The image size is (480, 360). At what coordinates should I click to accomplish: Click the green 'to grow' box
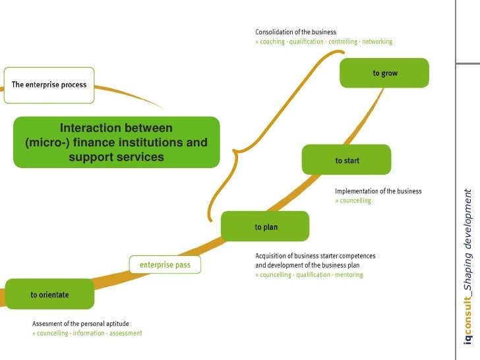pos(384,73)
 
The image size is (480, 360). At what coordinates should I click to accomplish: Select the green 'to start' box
pos(346,160)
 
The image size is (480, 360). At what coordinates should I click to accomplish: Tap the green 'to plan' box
pos(265,227)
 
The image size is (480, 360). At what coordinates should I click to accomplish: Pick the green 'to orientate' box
pos(49,295)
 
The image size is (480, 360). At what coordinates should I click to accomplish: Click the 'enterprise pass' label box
pos(164,265)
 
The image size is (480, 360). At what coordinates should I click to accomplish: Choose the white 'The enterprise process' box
pos(49,85)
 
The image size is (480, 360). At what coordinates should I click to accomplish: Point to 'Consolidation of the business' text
pos(295,32)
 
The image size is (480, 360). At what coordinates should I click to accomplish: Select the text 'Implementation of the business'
pos(378,191)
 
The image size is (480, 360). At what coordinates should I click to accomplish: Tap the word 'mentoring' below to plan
pos(348,275)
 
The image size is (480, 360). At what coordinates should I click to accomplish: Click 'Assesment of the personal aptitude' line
pos(80,324)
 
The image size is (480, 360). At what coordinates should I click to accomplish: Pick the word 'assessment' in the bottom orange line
pos(125,333)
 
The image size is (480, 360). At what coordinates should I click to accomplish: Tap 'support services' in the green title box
pos(116,158)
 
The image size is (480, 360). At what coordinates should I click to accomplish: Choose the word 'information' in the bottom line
pos(88,333)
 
